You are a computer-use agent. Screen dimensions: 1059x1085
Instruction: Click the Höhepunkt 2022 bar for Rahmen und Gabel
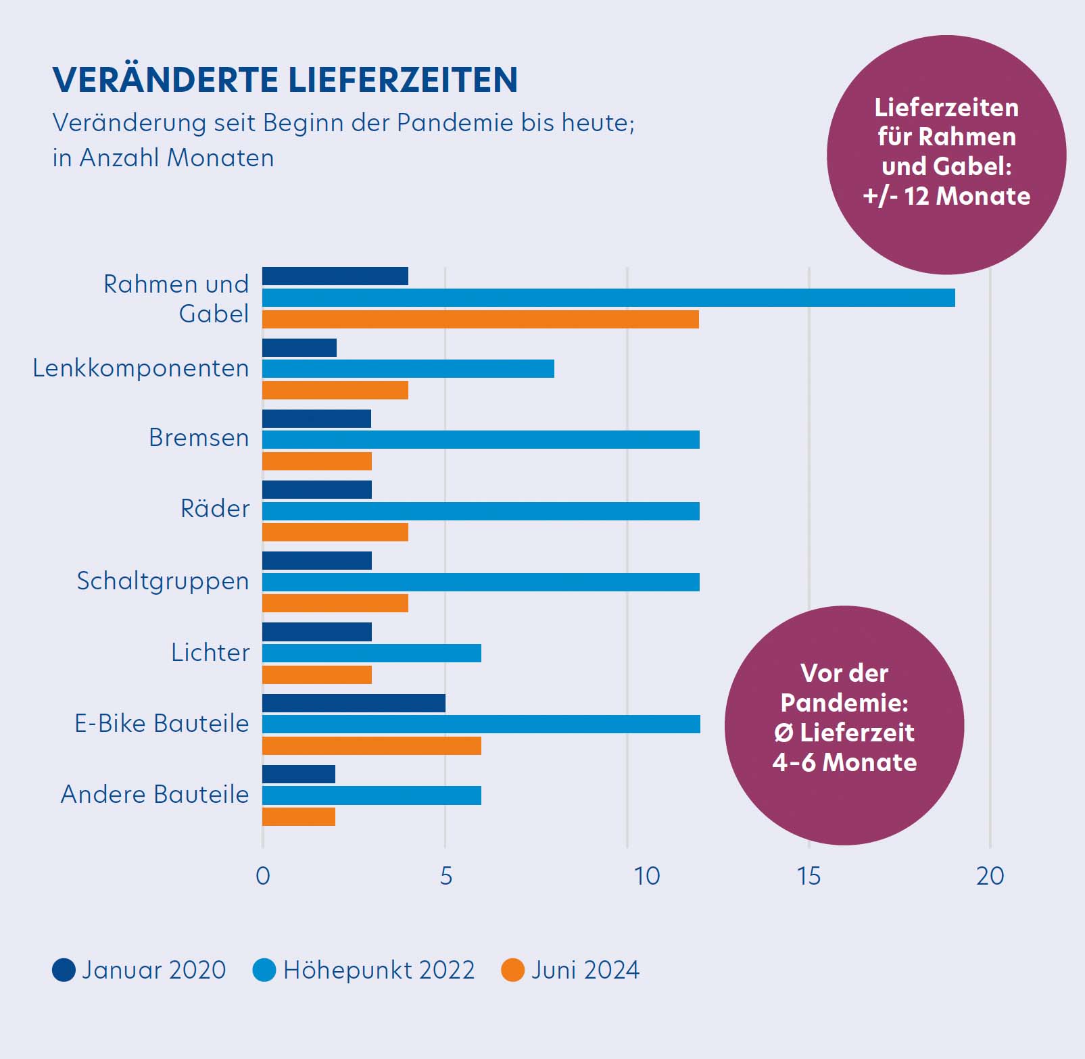tap(608, 298)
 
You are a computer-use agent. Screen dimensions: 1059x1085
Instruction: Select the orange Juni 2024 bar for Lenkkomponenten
tap(335, 391)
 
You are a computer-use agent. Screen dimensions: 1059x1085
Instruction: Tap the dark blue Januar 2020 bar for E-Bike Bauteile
tap(354, 704)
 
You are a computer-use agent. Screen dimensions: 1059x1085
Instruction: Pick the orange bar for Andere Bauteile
tap(299, 817)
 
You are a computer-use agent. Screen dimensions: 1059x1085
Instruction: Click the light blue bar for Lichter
tap(372, 654)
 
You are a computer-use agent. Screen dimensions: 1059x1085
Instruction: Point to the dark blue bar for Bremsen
tap(316, 419)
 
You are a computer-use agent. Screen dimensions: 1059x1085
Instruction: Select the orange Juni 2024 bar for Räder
tap(335, 533)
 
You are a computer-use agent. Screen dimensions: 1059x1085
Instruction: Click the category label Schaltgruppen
tap(162, 581)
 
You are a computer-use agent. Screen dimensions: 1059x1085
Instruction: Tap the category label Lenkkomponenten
tap(141, 368)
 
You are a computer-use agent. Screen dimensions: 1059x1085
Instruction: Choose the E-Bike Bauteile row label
tap(162, 723)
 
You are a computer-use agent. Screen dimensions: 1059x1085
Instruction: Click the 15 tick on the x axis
tap(809, 876)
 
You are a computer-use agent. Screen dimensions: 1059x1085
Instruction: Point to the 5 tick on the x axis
tap(445, 876)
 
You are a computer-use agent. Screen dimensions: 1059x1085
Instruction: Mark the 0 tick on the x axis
tap(263, 876)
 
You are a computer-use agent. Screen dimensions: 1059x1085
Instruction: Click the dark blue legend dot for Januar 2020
tap(64, 970)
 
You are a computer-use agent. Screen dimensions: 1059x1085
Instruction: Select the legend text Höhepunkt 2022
tap(379, 970)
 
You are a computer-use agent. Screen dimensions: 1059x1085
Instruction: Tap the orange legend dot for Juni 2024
tap(512, 970)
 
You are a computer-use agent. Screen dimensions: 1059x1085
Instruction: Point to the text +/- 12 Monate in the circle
tap(946, 196)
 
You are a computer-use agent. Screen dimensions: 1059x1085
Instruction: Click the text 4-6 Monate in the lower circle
tap(844, 762)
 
